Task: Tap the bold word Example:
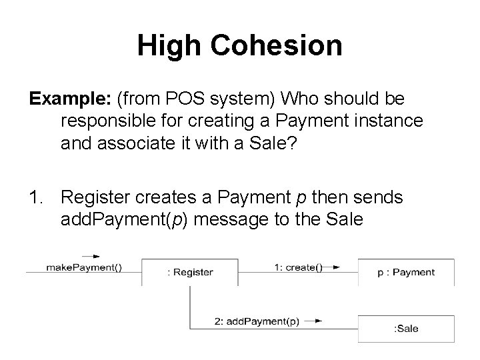[70, 100]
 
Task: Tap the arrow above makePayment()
[91, 255]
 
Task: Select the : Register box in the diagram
[190, 272]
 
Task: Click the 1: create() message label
[297, 267]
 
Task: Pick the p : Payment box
[406, 272]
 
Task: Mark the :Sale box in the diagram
[406, 329]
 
